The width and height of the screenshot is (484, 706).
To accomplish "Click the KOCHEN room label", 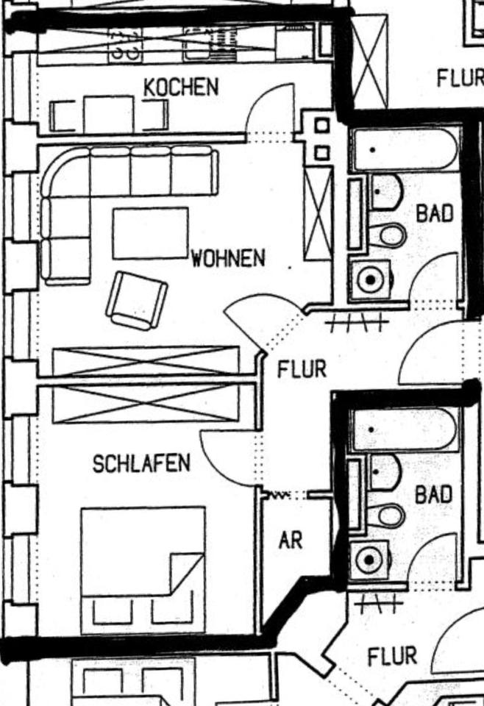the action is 181,87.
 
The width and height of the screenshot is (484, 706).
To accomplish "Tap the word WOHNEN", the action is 228,259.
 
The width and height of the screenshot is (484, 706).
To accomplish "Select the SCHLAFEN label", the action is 141,463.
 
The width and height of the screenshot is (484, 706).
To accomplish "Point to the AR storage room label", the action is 291,541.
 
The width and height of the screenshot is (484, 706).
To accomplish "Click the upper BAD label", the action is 434,214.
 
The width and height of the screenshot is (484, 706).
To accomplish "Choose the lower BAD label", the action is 433,495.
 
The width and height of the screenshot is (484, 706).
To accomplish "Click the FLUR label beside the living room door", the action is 301,368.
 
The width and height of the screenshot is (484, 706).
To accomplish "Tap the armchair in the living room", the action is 136,300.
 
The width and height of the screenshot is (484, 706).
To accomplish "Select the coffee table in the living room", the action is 150,233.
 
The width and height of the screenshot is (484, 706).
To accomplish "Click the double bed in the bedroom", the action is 143,559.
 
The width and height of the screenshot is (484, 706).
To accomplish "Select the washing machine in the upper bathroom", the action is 370,279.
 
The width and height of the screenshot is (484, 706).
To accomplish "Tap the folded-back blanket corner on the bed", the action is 187,572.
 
